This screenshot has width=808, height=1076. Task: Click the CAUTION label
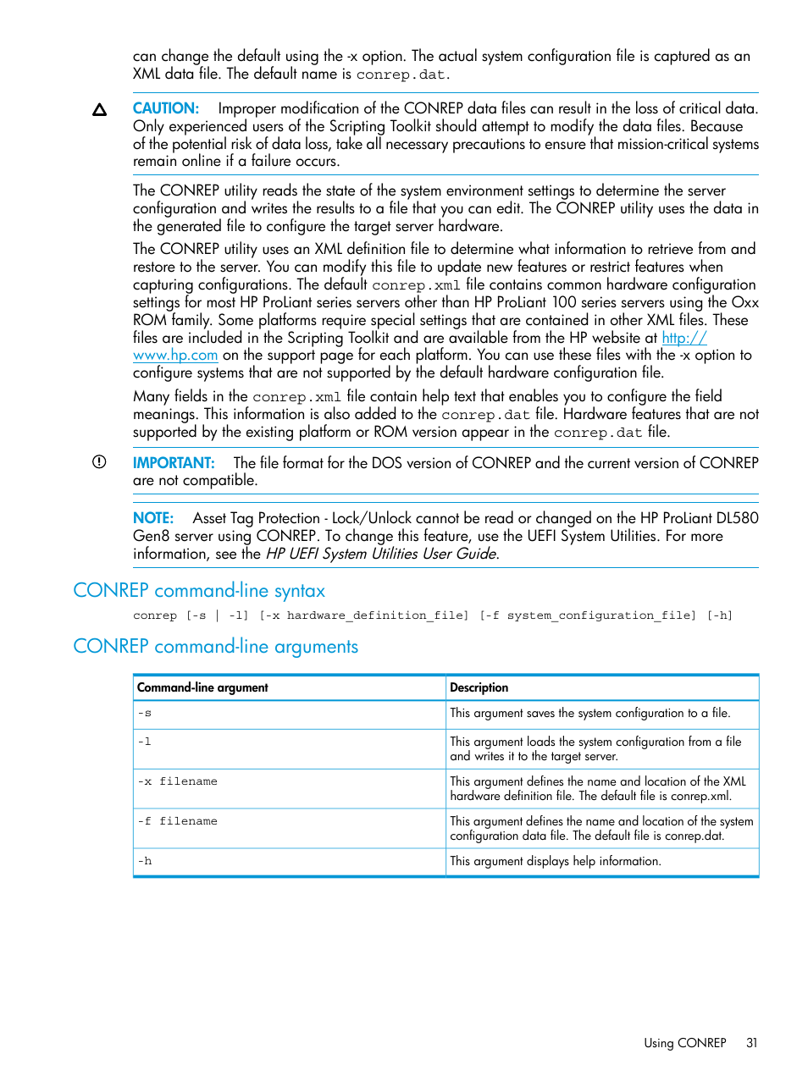[x=165, y=108]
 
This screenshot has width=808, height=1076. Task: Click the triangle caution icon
[x=99, y=110]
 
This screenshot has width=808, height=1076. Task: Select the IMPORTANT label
[x=173, y=463]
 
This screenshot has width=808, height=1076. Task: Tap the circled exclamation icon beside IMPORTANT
[x=99, y=462]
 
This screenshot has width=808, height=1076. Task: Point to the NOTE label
[x=152, y=518]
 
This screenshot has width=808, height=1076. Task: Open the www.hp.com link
[x=175, y=356]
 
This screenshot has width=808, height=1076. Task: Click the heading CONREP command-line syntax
[x=199, y=590]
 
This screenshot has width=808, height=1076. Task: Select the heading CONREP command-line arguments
[x=215, y=646]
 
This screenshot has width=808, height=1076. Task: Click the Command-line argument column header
[x=202, y=687]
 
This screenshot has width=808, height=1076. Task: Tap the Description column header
[x=479, y=687]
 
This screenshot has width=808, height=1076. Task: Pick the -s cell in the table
[x=145, y=714]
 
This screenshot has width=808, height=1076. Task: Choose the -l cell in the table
[x=145, y=742]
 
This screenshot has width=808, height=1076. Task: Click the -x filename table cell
[x=177, y=781]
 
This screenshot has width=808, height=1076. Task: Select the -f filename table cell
[x=177, y=821]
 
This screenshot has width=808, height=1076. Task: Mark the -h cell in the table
[x=145, y=861]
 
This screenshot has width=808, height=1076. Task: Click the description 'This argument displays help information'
[x=555, y=861]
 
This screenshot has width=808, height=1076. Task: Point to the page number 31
[x=751, y=1043]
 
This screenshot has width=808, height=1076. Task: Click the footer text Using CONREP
[x=684, y=1043]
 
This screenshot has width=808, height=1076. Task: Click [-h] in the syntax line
[x=719, y=615]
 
